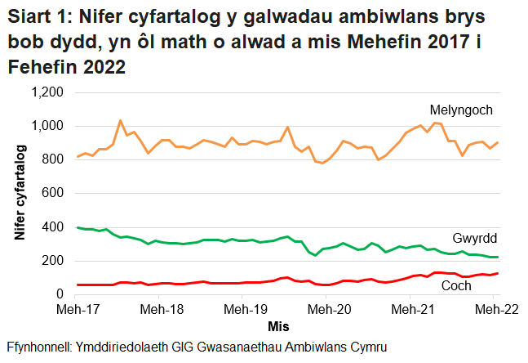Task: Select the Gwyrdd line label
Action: click(x=475, y=239)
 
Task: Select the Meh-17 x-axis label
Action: click(x=78, y=310)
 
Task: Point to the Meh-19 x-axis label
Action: click(x=246, y=310)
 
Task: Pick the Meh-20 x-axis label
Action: click(x=330, y=310)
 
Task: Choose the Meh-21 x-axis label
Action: click(x=414, y=310)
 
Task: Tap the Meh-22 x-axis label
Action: click(x=494, y=310)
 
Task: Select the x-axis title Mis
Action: click(x=277, y=326)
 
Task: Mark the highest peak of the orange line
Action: click(x=121, y=121)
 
